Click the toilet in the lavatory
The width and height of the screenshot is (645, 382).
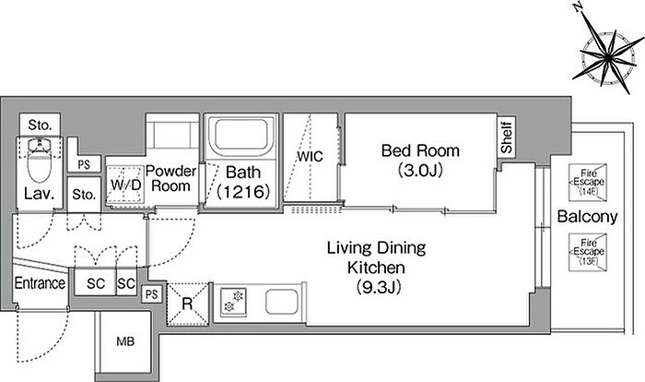[40, 161]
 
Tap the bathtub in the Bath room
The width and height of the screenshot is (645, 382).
[241, 135]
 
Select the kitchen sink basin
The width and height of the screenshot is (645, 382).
[281, 302]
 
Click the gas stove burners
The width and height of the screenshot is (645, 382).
[233, 302]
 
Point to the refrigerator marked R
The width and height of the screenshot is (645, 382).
[188, 304]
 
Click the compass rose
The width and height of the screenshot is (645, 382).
[608, 54]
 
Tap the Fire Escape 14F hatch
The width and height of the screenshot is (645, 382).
[588, 183]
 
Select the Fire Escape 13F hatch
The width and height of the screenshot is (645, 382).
[588, 253]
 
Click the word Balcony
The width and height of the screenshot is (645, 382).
[588, 217]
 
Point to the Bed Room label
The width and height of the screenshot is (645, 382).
[420, 150]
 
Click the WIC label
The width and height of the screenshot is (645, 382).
[311, 157]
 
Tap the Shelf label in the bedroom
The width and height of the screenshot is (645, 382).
[507, 136]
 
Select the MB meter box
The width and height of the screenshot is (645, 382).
[125, 341]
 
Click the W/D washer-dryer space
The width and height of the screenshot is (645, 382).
[125, 185]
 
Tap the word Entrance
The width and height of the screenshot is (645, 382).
[40, 283]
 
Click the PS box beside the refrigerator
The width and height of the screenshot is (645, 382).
[152, 294]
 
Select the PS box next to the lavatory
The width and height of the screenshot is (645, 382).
[84, 165]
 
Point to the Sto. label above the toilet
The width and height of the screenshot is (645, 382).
[40, 125]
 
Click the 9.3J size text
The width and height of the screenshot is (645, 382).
[379, 287]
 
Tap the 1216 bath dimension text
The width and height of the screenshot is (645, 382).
[243, 192]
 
